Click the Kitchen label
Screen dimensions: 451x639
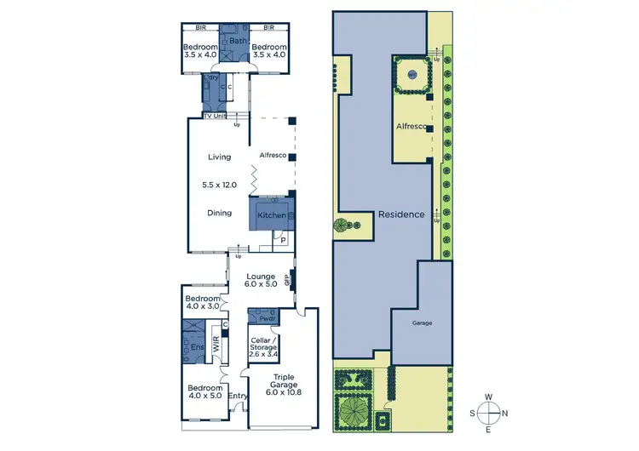coord(273,216)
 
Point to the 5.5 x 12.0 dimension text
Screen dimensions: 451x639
coord(220,185)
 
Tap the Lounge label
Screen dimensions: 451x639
coord(260,277)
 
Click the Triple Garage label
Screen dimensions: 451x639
coord(284,385)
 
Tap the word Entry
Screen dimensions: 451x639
coord(238,396)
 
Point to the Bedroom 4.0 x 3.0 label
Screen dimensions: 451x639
coord(203,303)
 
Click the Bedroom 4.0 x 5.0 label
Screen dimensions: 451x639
coord(204,392)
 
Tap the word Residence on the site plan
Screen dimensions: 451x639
coord(401,214)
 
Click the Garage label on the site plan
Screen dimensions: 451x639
coord(423,323)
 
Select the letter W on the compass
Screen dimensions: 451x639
coord(490,397)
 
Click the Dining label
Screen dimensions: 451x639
coord(220,213)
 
